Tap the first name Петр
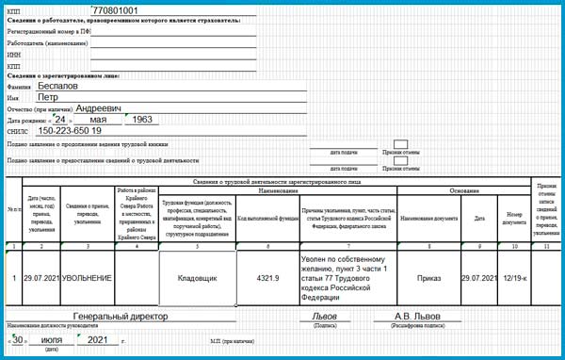[x=47, y=97]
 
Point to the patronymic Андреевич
[x=98, y=108]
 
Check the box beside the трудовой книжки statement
[x=401, y=143]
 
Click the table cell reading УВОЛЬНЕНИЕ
[x=87, y=278]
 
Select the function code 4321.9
[x=267, y=278]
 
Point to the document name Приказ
[x=428, y=278]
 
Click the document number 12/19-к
[x=514, y=278]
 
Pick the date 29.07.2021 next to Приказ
[x=478, y=278]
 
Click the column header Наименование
[x=277, y=190]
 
